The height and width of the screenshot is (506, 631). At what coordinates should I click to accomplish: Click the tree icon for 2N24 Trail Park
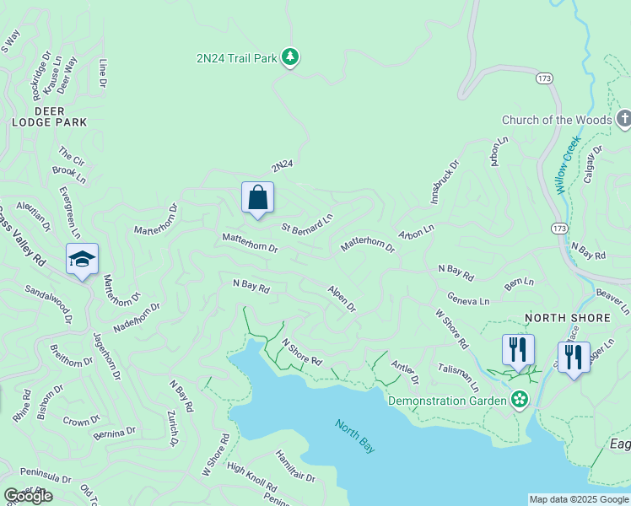point(291,57)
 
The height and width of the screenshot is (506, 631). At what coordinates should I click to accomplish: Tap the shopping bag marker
point(257,198)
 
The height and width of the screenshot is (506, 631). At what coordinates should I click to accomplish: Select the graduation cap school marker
point(82,259)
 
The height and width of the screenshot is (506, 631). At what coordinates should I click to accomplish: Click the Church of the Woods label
point(556,120)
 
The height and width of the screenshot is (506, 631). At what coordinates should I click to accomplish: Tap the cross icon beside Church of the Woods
point(623,119)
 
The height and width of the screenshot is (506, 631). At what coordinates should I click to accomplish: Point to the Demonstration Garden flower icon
point(520,398)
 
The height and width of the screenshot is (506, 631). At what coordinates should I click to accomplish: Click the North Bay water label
point(354,435)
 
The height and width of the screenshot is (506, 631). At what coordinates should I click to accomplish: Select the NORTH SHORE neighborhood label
point(567,318)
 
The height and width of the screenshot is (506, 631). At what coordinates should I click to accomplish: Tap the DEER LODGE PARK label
point(49,116)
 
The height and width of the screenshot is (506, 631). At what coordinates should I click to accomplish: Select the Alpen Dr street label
point(342,299)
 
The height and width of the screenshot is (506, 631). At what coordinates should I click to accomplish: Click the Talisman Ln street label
point(458,376)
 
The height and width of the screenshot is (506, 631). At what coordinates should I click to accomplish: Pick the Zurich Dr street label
point(173,429)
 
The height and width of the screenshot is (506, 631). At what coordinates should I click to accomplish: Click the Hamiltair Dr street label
point(294,466)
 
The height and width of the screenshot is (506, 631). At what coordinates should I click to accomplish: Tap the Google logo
point(28,496)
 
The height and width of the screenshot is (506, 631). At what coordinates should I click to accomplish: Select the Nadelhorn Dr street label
point(138,319)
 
